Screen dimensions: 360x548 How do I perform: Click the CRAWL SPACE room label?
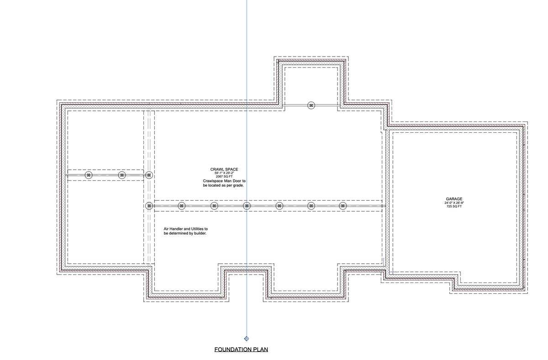pos(224,169)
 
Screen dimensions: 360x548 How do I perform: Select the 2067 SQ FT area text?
pos(224,177)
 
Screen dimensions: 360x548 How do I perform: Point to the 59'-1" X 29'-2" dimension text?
pos(224,173)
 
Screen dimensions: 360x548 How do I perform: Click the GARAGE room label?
pos(454,199)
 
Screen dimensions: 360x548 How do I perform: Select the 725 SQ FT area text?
pos(454,207)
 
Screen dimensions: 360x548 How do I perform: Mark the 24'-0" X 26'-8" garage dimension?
pos(454,203)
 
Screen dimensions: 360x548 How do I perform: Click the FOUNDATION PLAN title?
pos(241,350)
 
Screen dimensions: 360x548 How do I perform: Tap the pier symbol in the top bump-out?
pos(311,105)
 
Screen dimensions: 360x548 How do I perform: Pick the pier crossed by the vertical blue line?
pos(247,206)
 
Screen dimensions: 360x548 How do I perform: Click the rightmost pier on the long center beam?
pos(343,206)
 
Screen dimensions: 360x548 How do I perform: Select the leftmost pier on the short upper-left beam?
pos(89,175)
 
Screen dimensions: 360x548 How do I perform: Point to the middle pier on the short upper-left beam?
pos(122,175)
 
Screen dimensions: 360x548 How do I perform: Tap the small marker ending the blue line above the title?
pos(247,339)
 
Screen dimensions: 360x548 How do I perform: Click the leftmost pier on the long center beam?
pos(149,206)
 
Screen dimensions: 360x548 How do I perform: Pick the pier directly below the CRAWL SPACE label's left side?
pos(214,206)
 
